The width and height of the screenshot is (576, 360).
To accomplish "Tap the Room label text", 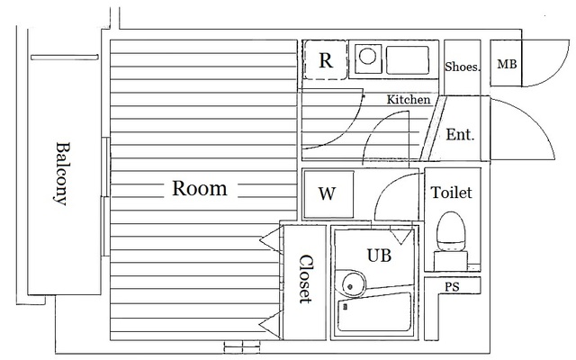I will click(199, 189).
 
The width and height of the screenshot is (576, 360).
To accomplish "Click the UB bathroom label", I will click(378, 255).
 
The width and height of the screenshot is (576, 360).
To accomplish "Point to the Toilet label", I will click(451, 193).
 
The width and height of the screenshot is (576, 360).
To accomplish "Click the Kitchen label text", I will click(408, 100).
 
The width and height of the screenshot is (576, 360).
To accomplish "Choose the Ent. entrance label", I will click(460, 135).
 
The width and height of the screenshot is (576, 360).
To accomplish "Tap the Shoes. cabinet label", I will click(463, 67).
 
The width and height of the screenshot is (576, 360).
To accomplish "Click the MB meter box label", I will click(507, 65).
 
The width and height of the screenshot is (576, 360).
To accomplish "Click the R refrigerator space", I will click(327, 62).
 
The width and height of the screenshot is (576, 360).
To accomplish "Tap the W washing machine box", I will click(327, 193).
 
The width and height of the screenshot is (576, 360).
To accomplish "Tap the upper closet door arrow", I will click(269, 238).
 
